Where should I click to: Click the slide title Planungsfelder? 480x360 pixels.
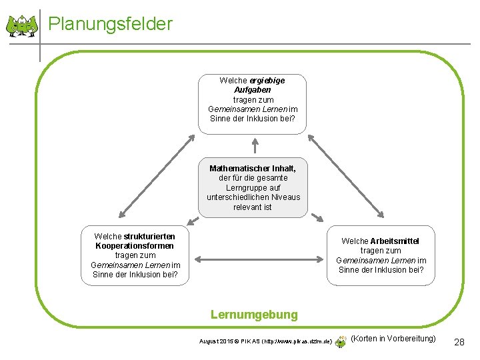click(111, 25)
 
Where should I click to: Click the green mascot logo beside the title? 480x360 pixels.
click(22, 26)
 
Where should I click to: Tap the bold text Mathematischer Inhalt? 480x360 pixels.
click(253, 169)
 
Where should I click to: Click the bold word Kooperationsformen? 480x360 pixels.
click(135, 246)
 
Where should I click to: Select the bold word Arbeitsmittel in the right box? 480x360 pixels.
click(395, 241)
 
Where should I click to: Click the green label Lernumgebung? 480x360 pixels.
click(254, 314)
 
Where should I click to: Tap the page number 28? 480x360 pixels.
click(459, 342)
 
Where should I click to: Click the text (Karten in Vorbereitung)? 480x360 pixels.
click(393, 339)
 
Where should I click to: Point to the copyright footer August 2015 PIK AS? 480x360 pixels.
click(266, 341)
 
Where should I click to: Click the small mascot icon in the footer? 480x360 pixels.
click(341, 340)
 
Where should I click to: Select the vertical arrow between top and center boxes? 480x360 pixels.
click(254, 146)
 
